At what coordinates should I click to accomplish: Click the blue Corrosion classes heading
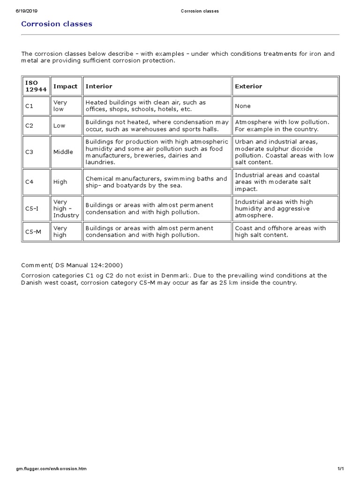pos(57,24)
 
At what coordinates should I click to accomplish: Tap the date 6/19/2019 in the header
pos(27,11)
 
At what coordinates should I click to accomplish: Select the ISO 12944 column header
pos(36,86)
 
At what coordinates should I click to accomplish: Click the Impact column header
pos(66,86)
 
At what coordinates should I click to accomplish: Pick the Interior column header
pos(99,86)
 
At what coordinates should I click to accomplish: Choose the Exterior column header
pos(248,86)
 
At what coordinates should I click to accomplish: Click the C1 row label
pos(29,106)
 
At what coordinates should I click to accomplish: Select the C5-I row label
pos(31,209)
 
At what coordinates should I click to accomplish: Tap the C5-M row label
pos(32,232)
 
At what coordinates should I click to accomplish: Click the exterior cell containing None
pos(243,106)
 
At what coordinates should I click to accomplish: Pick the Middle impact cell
pos(63,152)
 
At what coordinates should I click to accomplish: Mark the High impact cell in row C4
pos(60,182)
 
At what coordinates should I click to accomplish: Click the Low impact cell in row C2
pos(59,126)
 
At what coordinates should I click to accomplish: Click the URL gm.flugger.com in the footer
pos(51,469)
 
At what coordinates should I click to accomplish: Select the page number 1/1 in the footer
pos(341,469)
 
